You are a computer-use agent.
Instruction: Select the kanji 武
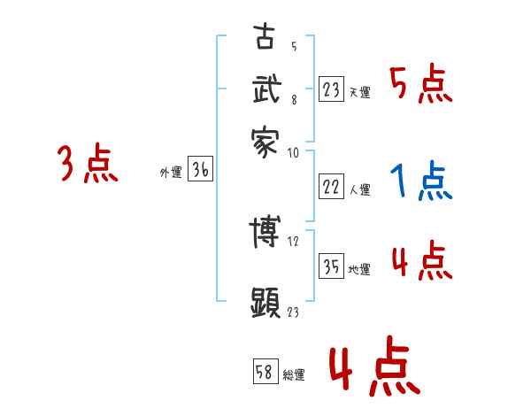pyautogui.click(x=265, y=89)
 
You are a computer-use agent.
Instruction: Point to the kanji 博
pyautogui.click(x=265, y=233)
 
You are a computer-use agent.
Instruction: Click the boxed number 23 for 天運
pyautogui.click(x=331, y=89)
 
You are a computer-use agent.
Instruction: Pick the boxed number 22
pyautogui.click(x=331, y=187)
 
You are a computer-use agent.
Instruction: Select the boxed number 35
pyautogui.click(x=331, y=267)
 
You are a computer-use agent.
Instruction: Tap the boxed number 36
pyautogui.click(x=200, y=171)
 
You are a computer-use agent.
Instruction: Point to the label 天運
pyautogui.click(x=359, y=92)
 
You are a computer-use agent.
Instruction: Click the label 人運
pyautogui.click(x=359, y=189)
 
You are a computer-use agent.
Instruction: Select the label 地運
pyautogui.click(x=359, y=270)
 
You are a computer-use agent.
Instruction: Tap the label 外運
pyautogui.click(x=171, y=173)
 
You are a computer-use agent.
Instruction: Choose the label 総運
pyautogui.click(x=294, y=374)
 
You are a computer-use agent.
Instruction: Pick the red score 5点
pyautogui.click(x=420, y=85)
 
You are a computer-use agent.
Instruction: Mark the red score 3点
pyautogui.click(x=88, y=165)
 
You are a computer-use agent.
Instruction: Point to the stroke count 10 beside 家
pyautogui.click(x=294, y=152)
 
